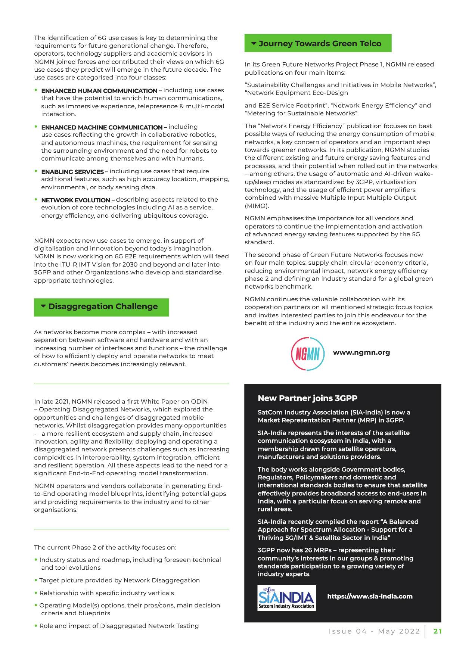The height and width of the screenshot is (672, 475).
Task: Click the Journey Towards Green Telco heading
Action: coord(320,44)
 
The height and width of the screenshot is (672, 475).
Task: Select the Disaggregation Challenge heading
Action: coord(103,307)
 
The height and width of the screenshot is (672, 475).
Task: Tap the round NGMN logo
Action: coord(308,354)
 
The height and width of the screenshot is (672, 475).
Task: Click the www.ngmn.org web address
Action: coord(361,352)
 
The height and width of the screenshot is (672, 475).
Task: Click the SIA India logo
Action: coord(286,598)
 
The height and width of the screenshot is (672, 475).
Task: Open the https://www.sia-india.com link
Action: coord(370,596)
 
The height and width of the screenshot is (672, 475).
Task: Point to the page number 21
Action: coord(438,631)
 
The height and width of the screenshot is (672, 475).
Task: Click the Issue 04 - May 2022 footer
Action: coord(374,631)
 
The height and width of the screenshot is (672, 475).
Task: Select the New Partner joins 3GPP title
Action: coord(307,398)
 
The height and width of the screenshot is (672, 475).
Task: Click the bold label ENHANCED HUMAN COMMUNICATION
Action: coord(99,91)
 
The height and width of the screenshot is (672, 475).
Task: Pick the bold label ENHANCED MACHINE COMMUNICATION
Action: coord(102,127)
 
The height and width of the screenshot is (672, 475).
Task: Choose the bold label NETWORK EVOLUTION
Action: coord(75,200)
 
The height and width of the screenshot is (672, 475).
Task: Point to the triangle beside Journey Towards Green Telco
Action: coord(254,43)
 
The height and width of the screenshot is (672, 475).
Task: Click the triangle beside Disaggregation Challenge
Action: coord(43,306)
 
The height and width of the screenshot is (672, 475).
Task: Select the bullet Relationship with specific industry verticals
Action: coord(106,593)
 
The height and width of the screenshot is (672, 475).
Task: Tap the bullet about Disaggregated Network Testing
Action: coord(119,626)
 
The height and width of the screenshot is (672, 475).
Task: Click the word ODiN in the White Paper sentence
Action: coord(199,401)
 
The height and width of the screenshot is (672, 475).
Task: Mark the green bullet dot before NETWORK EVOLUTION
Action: coord(36,200)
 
